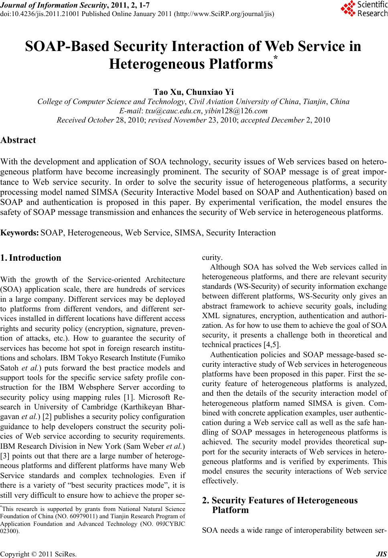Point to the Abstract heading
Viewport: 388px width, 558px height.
click(x=18, y=140)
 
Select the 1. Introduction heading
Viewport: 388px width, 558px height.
click(x=31, y=258)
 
